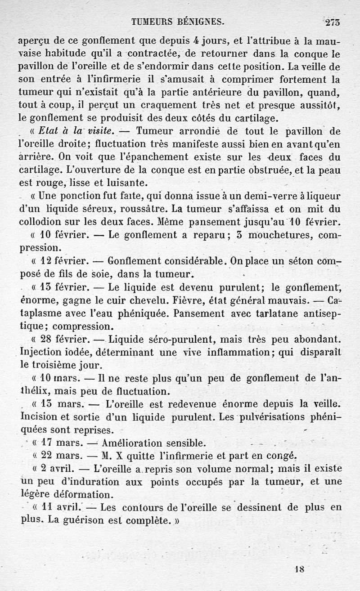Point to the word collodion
click(x=41, y=222)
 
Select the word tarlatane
click(x=265, y=313)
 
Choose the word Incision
click(x=37, y=416)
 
